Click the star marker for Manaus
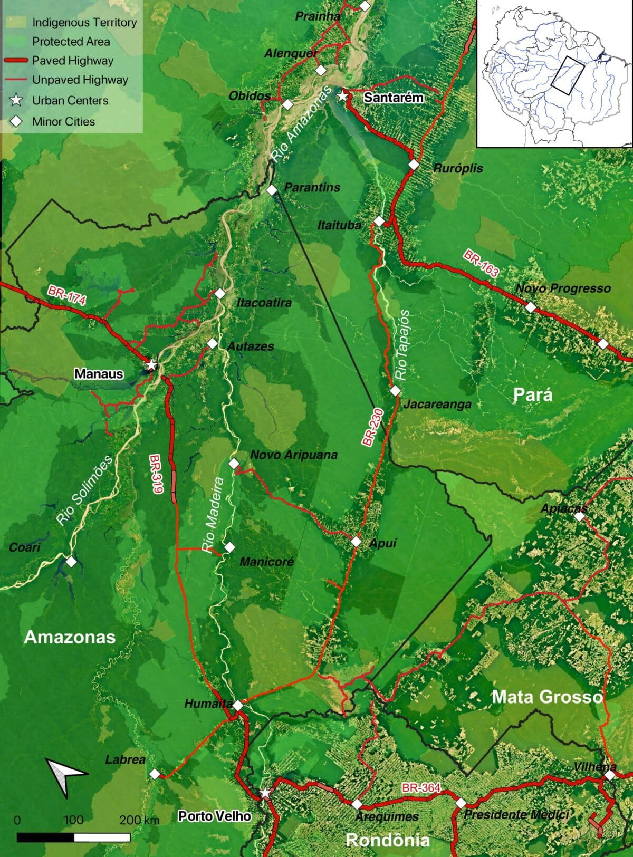coord(151,364)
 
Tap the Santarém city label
coord(394,97)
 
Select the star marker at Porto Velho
coord(265,793)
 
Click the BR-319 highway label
coord(157,474)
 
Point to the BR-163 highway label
coord(481,264)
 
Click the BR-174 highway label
coord(66,294)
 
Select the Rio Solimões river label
coord(85,490)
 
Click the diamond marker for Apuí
coord(356,541)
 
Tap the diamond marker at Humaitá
coord(238,705)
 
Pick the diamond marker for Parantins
coord(272,190)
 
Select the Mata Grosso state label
coord(547,697)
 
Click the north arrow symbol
coord(65,775)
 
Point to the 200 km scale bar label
coord(139,820)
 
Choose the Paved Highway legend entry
coord(72,61)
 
